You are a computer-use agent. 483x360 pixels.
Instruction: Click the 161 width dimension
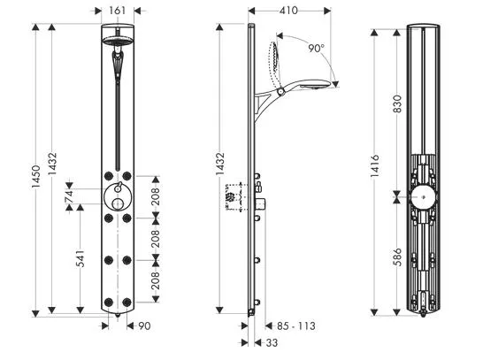(118, 11)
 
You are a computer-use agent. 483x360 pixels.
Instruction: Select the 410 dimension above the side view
(288, 11)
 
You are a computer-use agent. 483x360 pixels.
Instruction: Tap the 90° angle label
(317, 48)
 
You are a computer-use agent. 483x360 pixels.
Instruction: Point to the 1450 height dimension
(36, 176)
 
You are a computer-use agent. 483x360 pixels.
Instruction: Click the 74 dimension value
(69, 196)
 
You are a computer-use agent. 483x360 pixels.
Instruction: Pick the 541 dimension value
(80, 258)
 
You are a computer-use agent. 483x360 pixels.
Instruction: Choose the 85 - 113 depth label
(296, 326)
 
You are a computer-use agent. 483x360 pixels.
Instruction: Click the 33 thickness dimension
(272, 342)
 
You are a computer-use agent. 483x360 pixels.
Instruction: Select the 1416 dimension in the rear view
(374, 165)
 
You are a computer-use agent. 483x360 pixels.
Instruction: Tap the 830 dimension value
(398, 103)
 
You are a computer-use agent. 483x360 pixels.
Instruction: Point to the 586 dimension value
(398, 257)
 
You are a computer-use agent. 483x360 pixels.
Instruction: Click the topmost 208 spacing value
(156, 196)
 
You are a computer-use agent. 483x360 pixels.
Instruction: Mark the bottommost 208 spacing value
(156, 280)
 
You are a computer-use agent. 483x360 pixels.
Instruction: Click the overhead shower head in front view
(118, 41)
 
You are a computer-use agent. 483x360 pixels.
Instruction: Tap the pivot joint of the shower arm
(280, 91)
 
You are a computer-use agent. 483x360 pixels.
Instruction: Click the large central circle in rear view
(424, 197)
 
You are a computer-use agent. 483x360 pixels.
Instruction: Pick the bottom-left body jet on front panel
(109, 303)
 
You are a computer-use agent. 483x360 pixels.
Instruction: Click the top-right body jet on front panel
(126, 176)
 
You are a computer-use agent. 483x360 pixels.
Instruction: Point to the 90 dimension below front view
(144, 326)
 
